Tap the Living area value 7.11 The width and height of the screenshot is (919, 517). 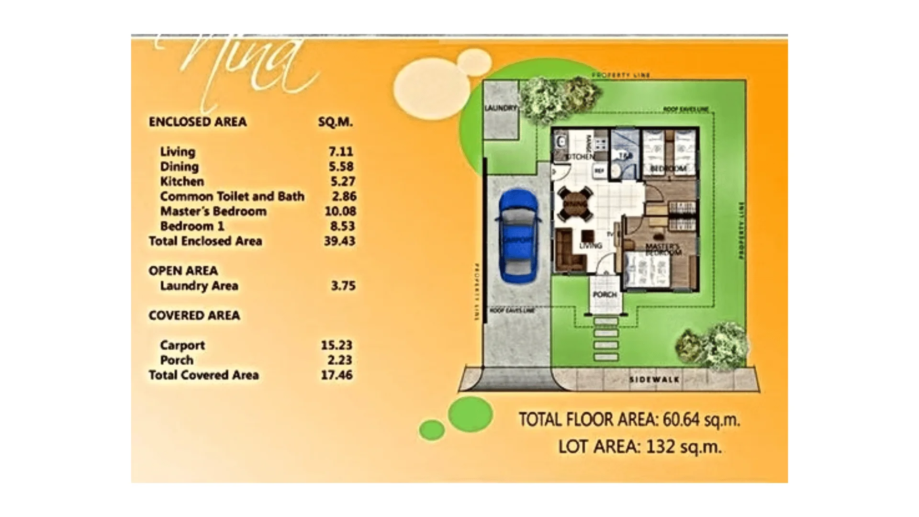click(341, 152)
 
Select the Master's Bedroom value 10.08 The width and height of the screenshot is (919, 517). click(340, 211)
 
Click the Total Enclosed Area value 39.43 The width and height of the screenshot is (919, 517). click(339, 241)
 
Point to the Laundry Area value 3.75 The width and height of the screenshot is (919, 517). click(343, 286)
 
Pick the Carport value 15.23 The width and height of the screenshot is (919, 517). click(336, 345)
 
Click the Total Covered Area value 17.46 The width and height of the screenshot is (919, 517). click(336, 375)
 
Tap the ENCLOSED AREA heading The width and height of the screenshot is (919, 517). click(198, 122)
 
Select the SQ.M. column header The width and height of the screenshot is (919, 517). click(336, 122)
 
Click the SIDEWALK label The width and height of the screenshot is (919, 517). click(654, 380)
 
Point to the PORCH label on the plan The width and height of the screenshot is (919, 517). click(605, 294)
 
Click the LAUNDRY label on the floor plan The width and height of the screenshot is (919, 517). click(501, 108)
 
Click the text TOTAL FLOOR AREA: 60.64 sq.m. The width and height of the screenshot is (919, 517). click(629, 420)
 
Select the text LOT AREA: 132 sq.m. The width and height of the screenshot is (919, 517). click(639, 447)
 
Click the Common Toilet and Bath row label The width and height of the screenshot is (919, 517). click(232, 196)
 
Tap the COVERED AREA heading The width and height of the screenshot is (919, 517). click(194, 315)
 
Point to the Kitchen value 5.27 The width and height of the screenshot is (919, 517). click(341, 181)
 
